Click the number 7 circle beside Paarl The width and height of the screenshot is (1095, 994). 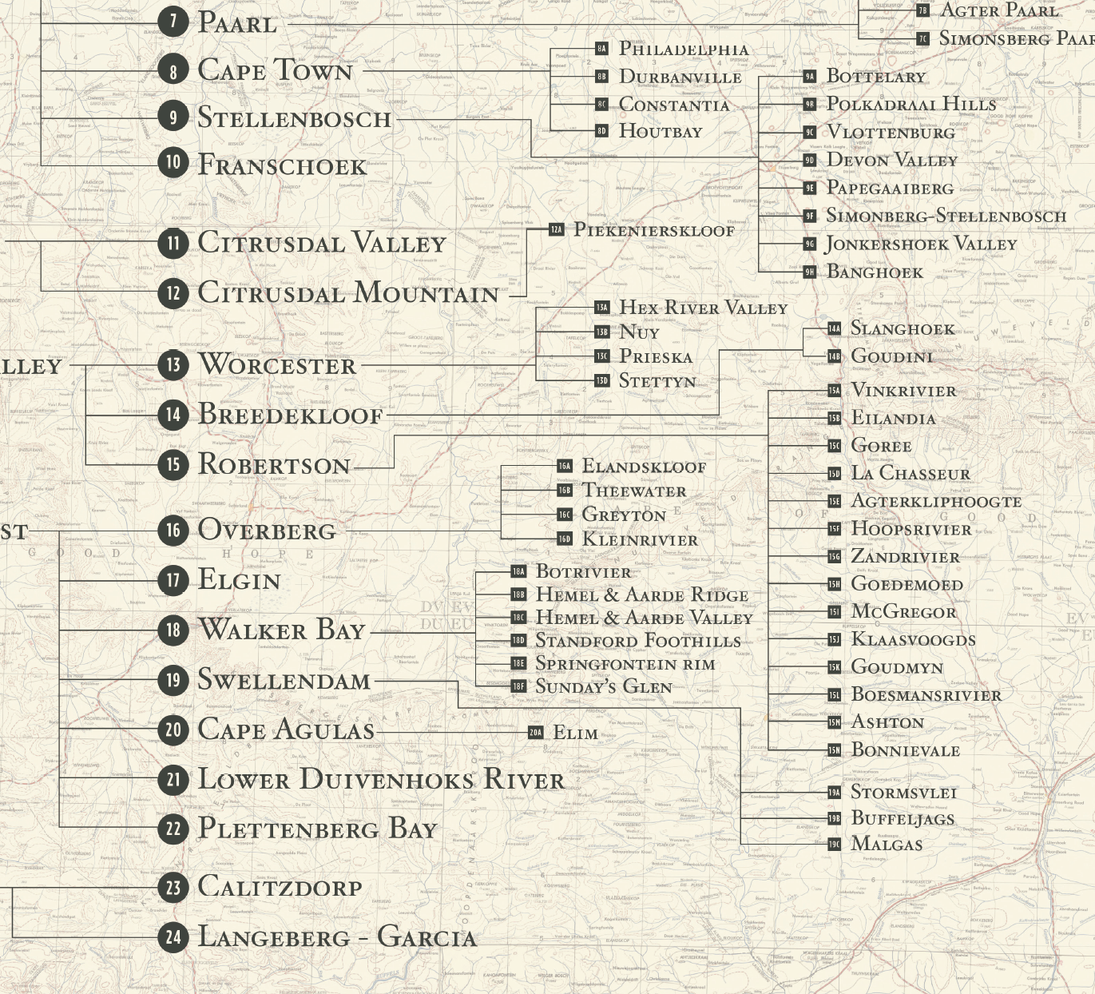pos(173,21)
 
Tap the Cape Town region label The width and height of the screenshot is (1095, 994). pos(275,70)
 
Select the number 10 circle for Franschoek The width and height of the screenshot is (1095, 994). pos(173,163)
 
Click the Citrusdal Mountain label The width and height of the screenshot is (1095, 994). pos(348,293)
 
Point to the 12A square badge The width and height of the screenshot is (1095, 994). pos(556,230)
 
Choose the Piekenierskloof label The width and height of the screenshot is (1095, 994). pos(653,230)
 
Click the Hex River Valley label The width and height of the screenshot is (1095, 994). pos(703,308)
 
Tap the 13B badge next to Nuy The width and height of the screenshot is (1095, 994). pos(601,332)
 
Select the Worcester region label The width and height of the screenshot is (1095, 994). pos(277,365)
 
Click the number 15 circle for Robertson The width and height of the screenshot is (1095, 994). pos(173,463)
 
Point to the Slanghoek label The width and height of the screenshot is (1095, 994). pos(903,328)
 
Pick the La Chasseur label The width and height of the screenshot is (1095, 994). pos(911,473)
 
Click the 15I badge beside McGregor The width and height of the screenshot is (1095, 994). pos(834,612)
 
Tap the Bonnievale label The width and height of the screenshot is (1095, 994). pos(905,750)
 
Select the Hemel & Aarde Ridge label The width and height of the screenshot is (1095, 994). pos(641,594)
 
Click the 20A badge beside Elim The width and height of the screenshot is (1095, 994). pos(535,733)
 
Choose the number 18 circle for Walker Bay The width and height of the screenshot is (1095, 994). pos(173,630)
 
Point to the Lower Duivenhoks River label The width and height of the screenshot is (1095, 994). pos(380,780)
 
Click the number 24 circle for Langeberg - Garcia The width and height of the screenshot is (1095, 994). pos(173,936)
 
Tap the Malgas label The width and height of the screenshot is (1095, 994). pos(887,844)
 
